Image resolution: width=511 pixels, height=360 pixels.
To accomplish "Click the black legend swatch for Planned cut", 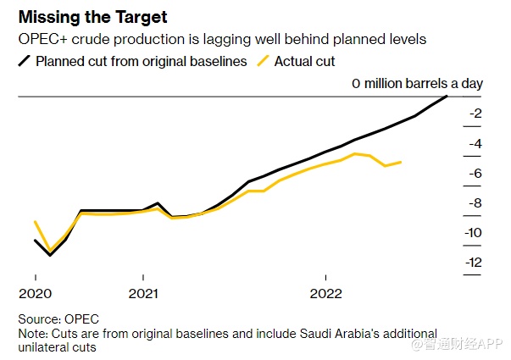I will [x=25, y=61].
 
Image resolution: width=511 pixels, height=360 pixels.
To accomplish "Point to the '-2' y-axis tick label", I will [x=475, y=114].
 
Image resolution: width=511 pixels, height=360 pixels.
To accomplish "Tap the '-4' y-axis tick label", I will [x=475, y=144].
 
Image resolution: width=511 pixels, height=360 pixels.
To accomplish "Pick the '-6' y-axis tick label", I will [x=475, y=174].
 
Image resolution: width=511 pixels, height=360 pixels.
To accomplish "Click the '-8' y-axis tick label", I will [x=475, y=203].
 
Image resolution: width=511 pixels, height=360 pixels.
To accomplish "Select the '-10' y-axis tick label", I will [x=473, y=233].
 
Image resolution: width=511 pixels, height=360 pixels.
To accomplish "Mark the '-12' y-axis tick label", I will [x=473, y=263].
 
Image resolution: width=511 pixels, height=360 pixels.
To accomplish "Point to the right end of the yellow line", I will [x=401, y=162].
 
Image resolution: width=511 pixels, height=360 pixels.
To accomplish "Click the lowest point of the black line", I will [x=50, y=255].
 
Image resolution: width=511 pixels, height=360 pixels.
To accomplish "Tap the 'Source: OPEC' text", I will [x=58, y=319].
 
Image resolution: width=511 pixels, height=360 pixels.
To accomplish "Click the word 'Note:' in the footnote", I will [x=33, y=333].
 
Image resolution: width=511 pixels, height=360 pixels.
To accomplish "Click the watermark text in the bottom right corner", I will [x=458, y=346].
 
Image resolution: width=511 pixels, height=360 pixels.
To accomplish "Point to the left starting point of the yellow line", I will [x=35, y=222].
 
